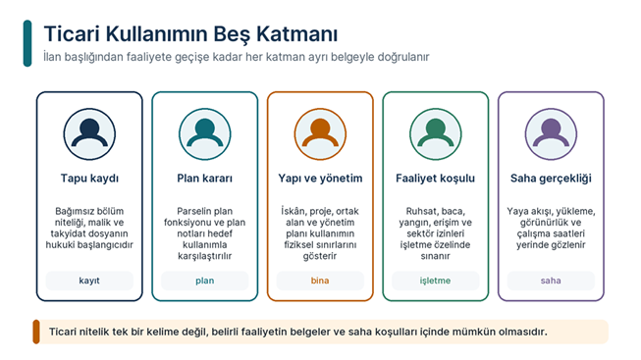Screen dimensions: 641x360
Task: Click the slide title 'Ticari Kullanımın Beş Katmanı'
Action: pos(190,34)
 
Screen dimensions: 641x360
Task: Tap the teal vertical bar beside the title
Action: pos(27,43)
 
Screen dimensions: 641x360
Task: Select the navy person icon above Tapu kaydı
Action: pos(89,134)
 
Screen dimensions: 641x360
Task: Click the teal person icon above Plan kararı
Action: pos(205,134)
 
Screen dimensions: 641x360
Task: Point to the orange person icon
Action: pos(320,134)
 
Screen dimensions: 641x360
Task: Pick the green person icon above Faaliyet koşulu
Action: pos(436,134)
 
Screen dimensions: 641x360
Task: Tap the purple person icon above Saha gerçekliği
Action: pos(551,134)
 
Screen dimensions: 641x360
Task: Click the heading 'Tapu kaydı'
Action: pos(89,179)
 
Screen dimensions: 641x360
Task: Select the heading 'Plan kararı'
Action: pos(205,179)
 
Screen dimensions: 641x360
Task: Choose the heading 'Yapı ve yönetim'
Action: pos(320,179)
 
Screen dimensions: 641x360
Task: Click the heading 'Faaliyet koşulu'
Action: pos(436,179)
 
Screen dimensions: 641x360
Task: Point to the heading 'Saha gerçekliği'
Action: pos(551,179)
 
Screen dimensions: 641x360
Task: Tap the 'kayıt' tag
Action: pos(89,281)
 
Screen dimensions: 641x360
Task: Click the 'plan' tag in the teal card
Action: pos(205,281)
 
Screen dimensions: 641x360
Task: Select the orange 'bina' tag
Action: pos(320,281)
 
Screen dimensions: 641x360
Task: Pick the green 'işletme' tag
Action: pos(436,281)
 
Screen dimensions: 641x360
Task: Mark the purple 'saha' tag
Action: pos(551,281)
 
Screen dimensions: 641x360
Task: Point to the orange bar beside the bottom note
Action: pos(36,332)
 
